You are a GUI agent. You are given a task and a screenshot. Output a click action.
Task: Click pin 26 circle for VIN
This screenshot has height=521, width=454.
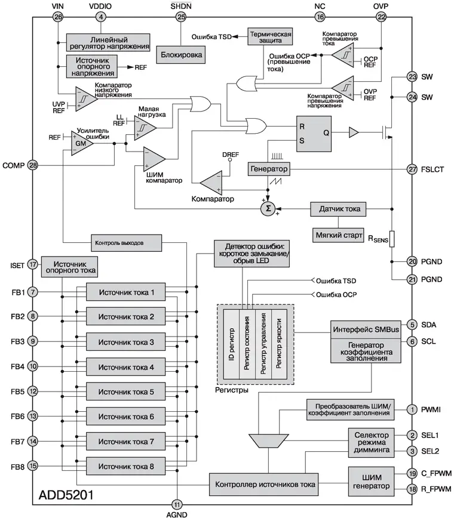[58, 17]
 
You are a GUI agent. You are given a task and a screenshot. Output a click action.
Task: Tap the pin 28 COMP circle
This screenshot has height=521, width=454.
[33, 165]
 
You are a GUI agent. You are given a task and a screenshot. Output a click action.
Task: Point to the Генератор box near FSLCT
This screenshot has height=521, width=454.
[269, 169]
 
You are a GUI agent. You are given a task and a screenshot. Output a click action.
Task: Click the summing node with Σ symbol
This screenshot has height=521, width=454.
[268, 208]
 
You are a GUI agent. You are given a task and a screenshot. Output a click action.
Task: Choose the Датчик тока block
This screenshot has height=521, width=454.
[339, 209]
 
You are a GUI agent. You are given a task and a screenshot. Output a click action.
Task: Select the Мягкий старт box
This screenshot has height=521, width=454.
[339, 235]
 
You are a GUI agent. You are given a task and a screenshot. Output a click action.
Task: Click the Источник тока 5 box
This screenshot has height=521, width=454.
[126, 392]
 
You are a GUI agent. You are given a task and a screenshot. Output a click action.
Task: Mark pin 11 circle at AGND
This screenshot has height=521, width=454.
[176, 504]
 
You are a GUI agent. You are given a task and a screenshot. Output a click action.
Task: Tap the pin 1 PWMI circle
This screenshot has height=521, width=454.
[412, 409]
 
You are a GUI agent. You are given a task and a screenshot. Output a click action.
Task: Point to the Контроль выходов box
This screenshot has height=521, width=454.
[127, 243]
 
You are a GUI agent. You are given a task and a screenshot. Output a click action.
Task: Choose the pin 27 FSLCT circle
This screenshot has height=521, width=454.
[412, 169]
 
